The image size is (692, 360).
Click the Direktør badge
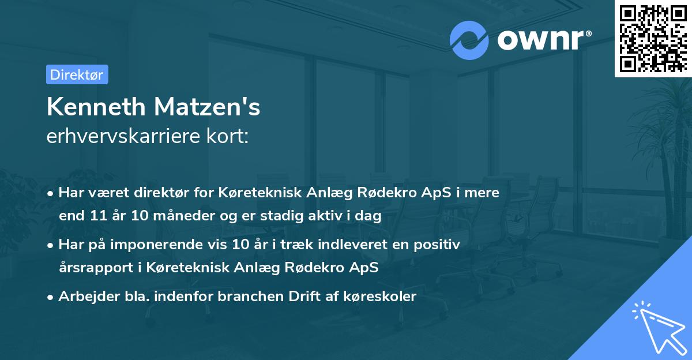(77, 74)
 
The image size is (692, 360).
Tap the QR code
(653, 39)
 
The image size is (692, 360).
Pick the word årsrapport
(90, 268)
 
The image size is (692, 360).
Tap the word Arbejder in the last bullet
(83, 297)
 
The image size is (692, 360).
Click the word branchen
(216, 297)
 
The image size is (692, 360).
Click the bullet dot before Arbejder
(51, 297)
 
